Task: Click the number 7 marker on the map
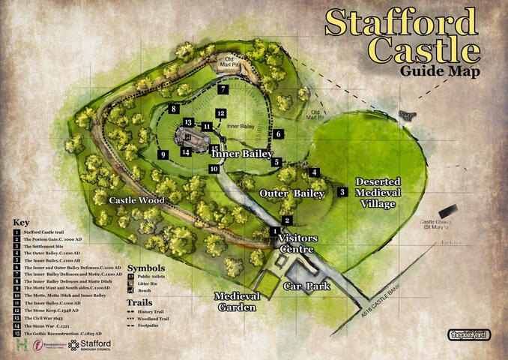[x=223, y=89]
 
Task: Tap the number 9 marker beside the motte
[x=162, y=154]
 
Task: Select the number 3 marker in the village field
[x=342, y=192]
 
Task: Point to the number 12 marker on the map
[x=220, y=113]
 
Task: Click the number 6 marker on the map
[x=278, y=134]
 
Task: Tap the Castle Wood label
[x=136, y=200]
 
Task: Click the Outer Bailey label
[x=292, y=193]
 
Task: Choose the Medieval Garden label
[x=237, y=301]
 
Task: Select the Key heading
[x=20, y=223]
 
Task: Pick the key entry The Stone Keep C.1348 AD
[x=52, y=310]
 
